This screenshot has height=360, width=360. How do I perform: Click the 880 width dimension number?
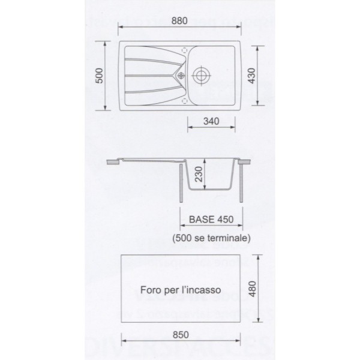(x=179, y=21)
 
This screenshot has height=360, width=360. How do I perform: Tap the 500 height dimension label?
(x=100, y=76)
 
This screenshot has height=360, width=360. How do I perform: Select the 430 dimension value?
(x=252, y=76)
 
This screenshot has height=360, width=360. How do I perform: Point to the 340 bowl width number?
(x=211, y=121)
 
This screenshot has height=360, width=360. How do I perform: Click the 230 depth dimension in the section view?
(x=199, y=174)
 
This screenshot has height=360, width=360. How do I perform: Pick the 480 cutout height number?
(x=253, y=289)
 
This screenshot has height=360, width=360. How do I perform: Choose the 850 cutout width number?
(x=181, y=335)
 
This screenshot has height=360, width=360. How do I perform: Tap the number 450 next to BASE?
(x=225, y=220)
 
